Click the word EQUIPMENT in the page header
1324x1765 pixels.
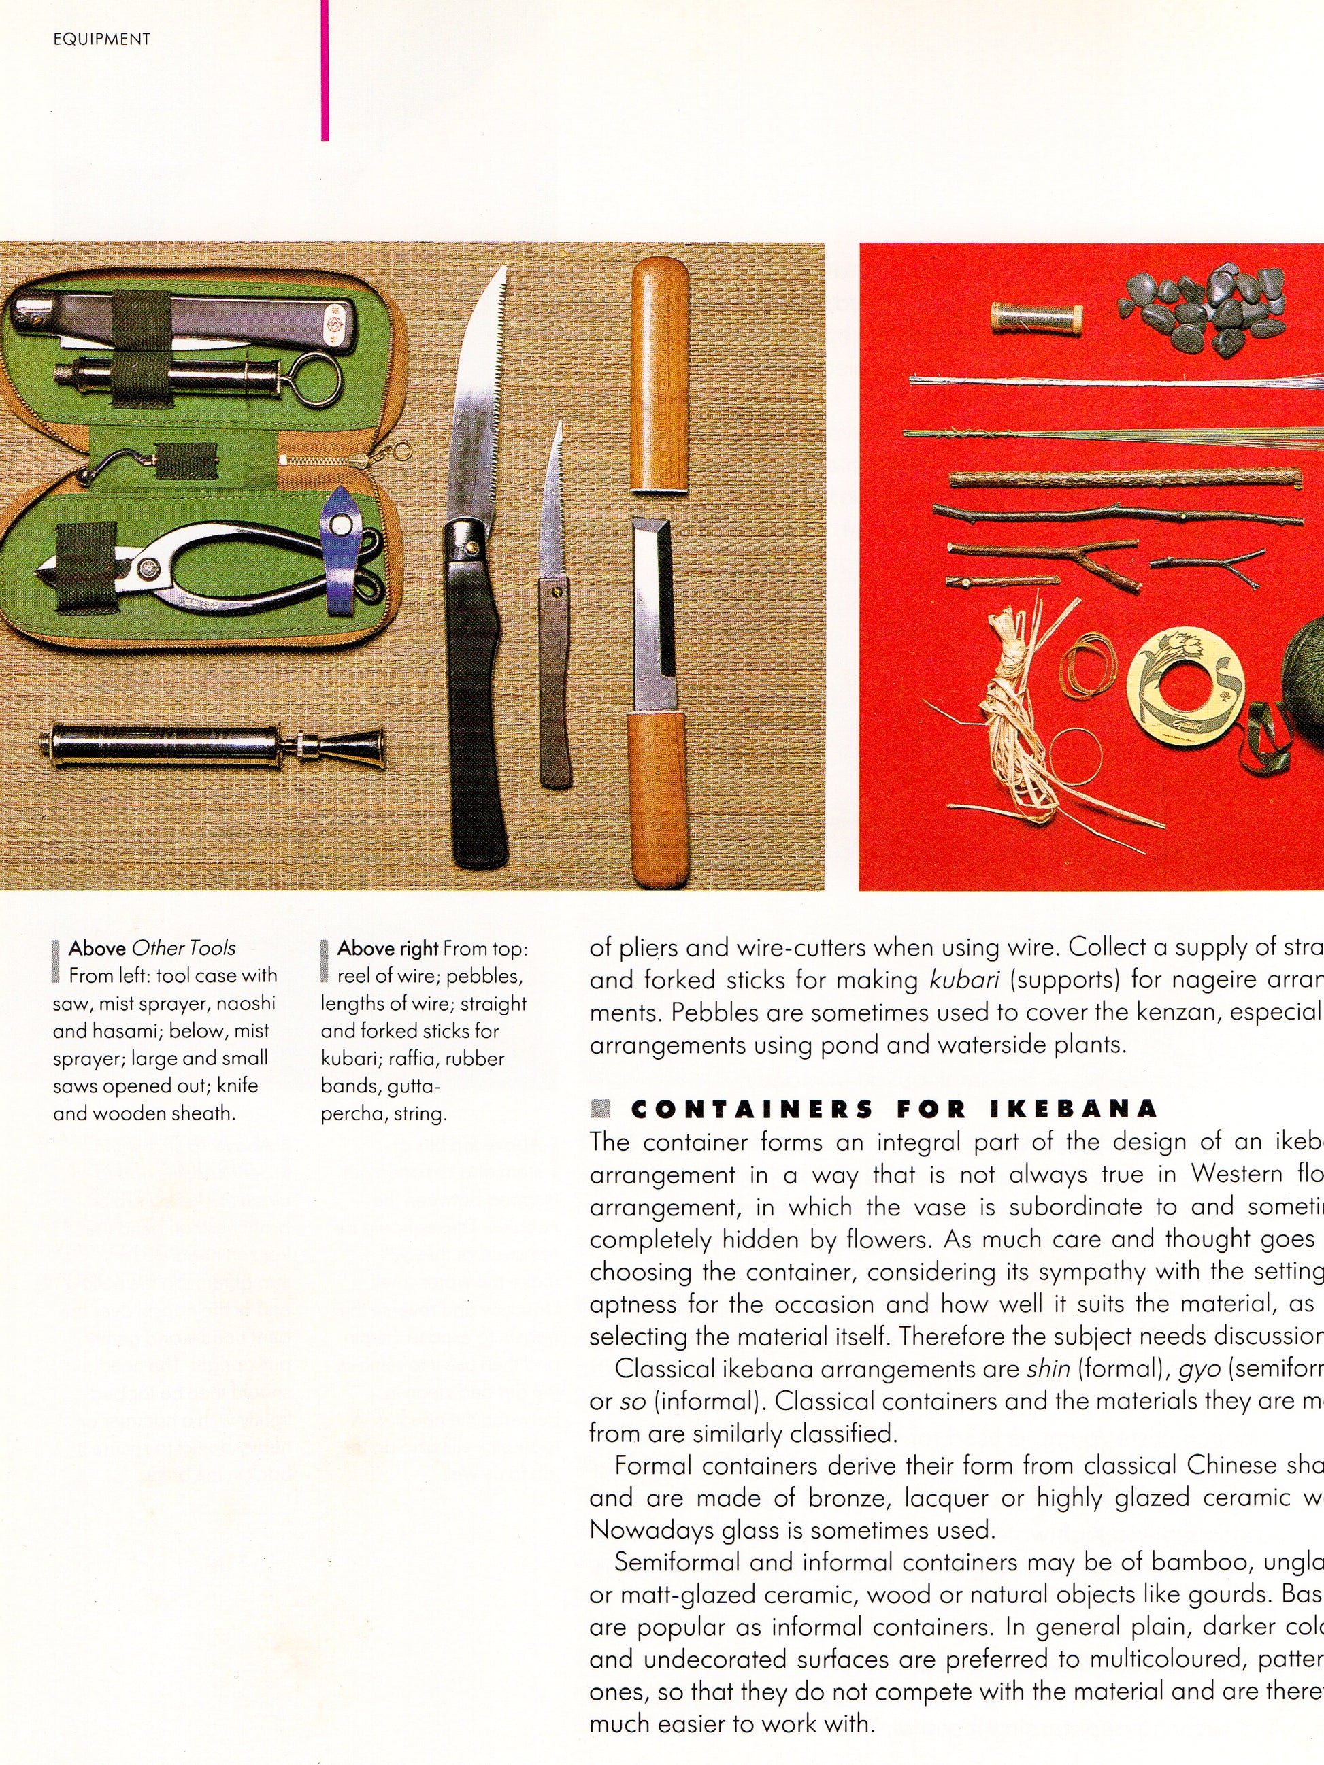(x=101, y=39)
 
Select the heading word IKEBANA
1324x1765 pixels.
(x=1073, y=1109)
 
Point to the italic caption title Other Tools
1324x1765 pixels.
(x=184, y=948)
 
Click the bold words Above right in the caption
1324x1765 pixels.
(x=387, y=948)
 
